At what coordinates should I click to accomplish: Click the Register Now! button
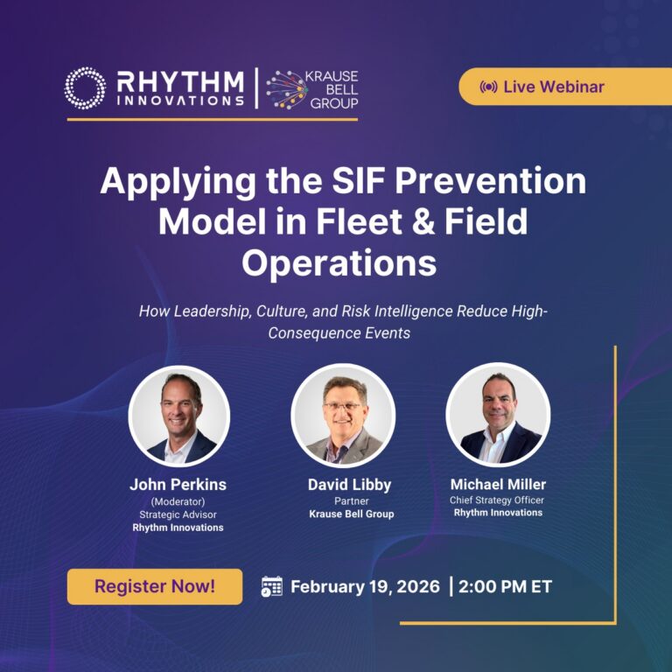click(155, 586)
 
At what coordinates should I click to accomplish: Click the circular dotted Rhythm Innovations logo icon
click(85, 87)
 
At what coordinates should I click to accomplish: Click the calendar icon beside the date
click(272, 586)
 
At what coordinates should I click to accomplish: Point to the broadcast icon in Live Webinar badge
click(489, 87)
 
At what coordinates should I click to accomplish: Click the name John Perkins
click(178, 484)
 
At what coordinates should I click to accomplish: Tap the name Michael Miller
click(497, 483)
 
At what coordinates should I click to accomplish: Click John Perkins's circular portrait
click(178, 415)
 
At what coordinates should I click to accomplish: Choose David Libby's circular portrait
click(343, 415)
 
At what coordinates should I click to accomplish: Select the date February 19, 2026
click(366, 586)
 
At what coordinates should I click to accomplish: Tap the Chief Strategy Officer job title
click(497, 499)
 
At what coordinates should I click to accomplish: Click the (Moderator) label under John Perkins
click(178, 501)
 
